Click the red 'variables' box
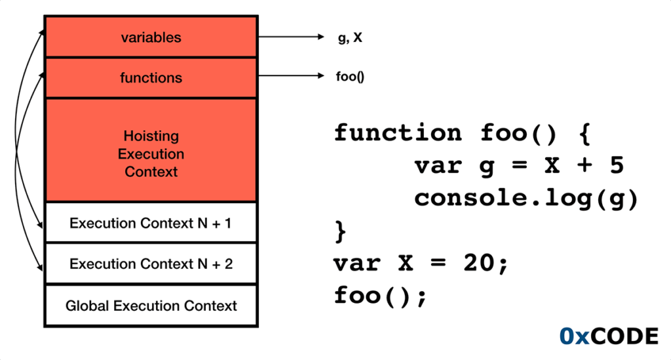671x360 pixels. click(x=151, y=37)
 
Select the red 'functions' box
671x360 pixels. click(x=151, y=78)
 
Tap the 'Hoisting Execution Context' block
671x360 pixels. click(x=151, y=154)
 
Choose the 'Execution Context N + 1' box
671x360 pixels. click(x=151, y=223)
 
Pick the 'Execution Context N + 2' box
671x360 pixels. click(x=151, y=264)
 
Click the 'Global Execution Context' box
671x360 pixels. click(x=151, y=306)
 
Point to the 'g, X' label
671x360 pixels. click(x=349, y=38)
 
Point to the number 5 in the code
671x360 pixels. click(x=616, y=166)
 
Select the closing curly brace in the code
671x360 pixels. click(x=340, y=231)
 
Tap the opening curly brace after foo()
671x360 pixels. click(x=585, y=134)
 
